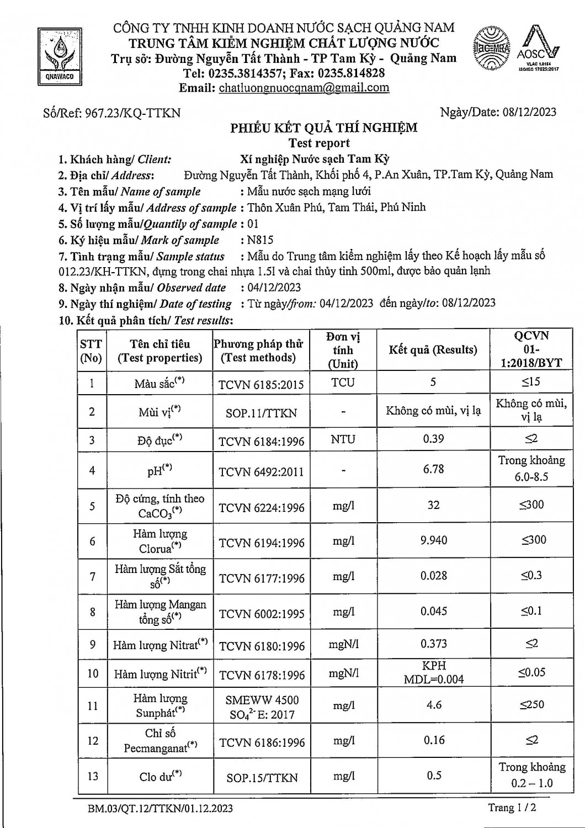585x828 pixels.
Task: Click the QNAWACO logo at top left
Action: click(60, 56)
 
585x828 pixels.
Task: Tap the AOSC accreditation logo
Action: click(539, 50)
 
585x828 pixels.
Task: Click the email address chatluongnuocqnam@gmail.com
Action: click(304, 88)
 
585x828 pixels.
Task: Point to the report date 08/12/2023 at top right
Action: click(530, 112)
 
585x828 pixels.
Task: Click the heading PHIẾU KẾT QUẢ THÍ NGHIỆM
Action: click(324, 128)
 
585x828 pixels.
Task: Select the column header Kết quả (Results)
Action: click(433, 350)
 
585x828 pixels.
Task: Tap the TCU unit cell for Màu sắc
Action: click(343, 383)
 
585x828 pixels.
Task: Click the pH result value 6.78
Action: click(433, 469)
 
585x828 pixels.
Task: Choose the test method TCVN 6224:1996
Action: click(262, 507)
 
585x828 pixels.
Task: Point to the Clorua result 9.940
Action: click(433, 540)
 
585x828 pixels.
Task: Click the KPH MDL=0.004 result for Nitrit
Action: click(433, 673)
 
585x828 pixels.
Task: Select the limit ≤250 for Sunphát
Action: click(531, 705)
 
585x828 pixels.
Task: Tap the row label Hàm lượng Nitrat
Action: click(160, 645)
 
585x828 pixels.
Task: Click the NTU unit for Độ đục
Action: click(343, 440)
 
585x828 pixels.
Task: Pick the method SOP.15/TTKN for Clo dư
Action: click(262, 778)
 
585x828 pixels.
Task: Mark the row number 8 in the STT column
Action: click(92, 612)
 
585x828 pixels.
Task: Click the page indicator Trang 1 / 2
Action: click(512, 808)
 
